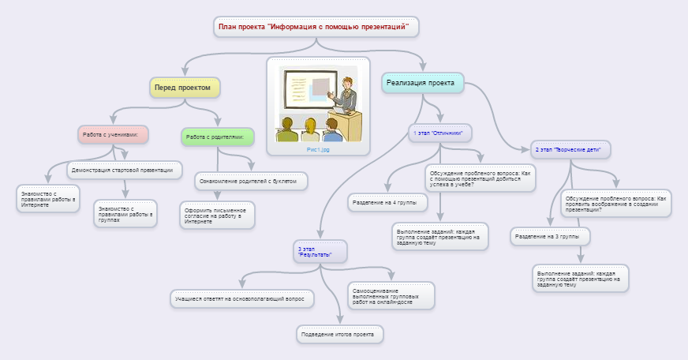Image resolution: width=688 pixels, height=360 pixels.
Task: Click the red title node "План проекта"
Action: coord(316,27)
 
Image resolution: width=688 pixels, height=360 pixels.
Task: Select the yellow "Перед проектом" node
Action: coord(183,88)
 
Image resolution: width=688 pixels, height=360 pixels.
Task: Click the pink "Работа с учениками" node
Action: coord(114,134)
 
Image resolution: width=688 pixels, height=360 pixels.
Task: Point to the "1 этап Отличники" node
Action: coord(439,133)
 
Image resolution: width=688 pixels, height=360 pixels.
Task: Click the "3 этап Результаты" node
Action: coord(320,252)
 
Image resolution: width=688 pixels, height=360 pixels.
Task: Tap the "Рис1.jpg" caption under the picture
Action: coord(318,148)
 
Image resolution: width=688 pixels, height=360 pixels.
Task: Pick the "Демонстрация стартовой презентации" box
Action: coord(124,170)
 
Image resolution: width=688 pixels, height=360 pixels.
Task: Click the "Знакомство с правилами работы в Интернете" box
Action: coord(48,200)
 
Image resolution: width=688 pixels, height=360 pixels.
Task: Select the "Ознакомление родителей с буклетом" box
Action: coord(251,181)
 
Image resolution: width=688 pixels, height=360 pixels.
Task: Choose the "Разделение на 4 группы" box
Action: coord(387,203)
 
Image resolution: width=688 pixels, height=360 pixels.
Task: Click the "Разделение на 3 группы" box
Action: coord(550,236)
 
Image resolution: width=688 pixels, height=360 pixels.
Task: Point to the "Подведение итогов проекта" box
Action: coord(340,335)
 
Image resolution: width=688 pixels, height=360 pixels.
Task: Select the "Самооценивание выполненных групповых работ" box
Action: coord(391,296)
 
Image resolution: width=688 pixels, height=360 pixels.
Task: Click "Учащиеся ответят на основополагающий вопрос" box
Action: coord(243,298)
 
